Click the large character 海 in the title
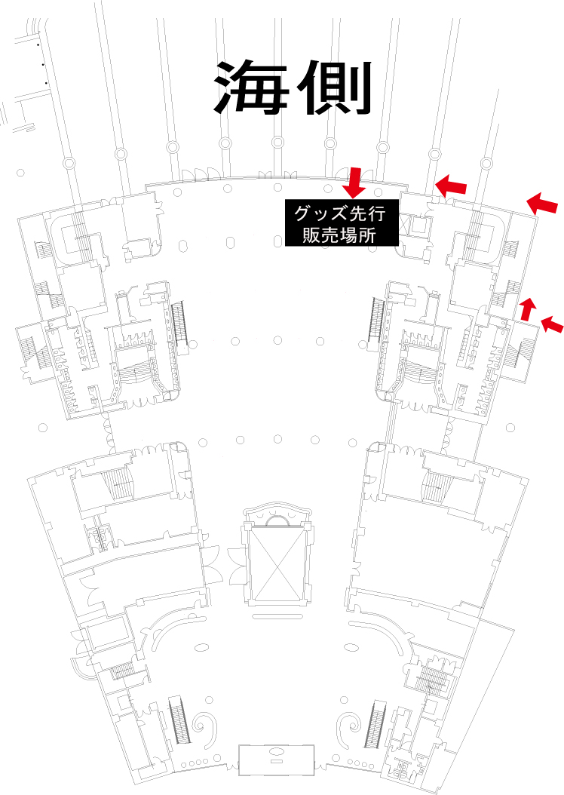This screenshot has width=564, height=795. [x=246, y=86]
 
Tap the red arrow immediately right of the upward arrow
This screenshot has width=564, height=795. [x=553, y=324]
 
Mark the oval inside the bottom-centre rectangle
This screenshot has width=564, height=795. [x=276, y=751]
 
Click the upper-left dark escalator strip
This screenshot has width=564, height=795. [x=179, y=325]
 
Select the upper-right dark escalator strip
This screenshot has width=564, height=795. [x=375, y=325]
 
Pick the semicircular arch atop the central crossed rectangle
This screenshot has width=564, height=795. [x=276, y=520]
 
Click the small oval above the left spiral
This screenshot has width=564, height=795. [x=201, y=646]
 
